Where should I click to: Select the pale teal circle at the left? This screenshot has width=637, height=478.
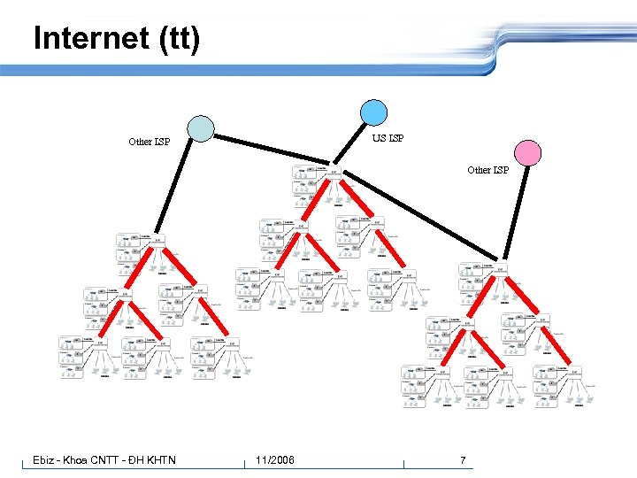tap(202, 129)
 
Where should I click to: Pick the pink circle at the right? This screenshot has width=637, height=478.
tap(528, 153)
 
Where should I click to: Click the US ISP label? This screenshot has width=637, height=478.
tap(388, 138)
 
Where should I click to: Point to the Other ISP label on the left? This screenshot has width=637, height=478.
tap(150, 142)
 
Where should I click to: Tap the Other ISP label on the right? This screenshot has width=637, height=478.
tap(488, 170)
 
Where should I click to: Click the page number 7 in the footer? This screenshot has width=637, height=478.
tap(462, 460)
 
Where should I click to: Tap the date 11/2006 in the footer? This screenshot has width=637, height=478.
tap(275, 460)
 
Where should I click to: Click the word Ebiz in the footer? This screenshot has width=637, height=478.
tap(44, 460)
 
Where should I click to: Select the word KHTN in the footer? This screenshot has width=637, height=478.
tap(158, 460)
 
